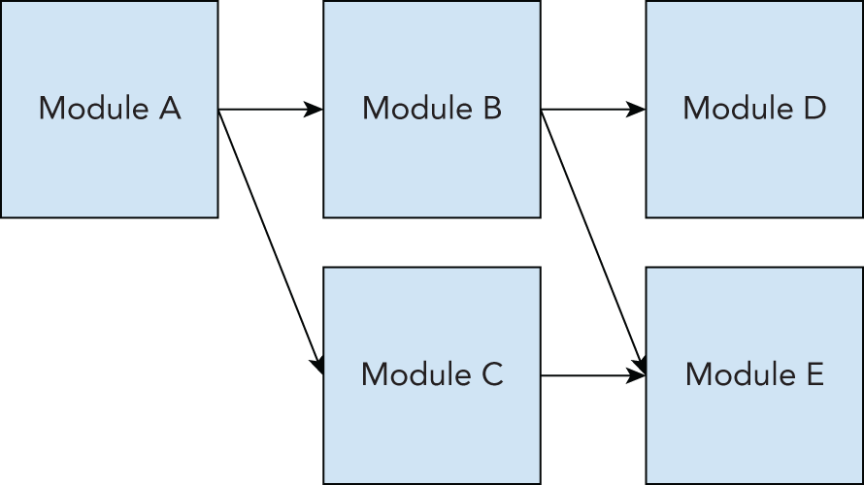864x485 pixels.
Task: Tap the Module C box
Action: [x=431, y=427]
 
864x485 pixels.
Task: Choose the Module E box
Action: [x=754, y=427]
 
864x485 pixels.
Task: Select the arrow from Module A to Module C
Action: [x=269, y=239]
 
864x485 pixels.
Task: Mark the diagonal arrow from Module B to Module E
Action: [x=591, y=239]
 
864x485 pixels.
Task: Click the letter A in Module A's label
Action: [x=169, y=109]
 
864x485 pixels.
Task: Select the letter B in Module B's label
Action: [x=491, y=109]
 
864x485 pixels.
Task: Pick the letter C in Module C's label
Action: [x=491, y=374]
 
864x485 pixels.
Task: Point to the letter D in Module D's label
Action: [x=814, y=109]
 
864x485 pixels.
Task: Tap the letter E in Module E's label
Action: [x=814, y=374]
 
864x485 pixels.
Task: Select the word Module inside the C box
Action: [x=415, y=374]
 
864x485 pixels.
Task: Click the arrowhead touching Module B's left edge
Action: [x=315, y=110]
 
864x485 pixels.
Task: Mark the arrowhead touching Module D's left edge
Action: [x=637, y=110]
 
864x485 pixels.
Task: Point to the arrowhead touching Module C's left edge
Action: [x=317, y=365]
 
